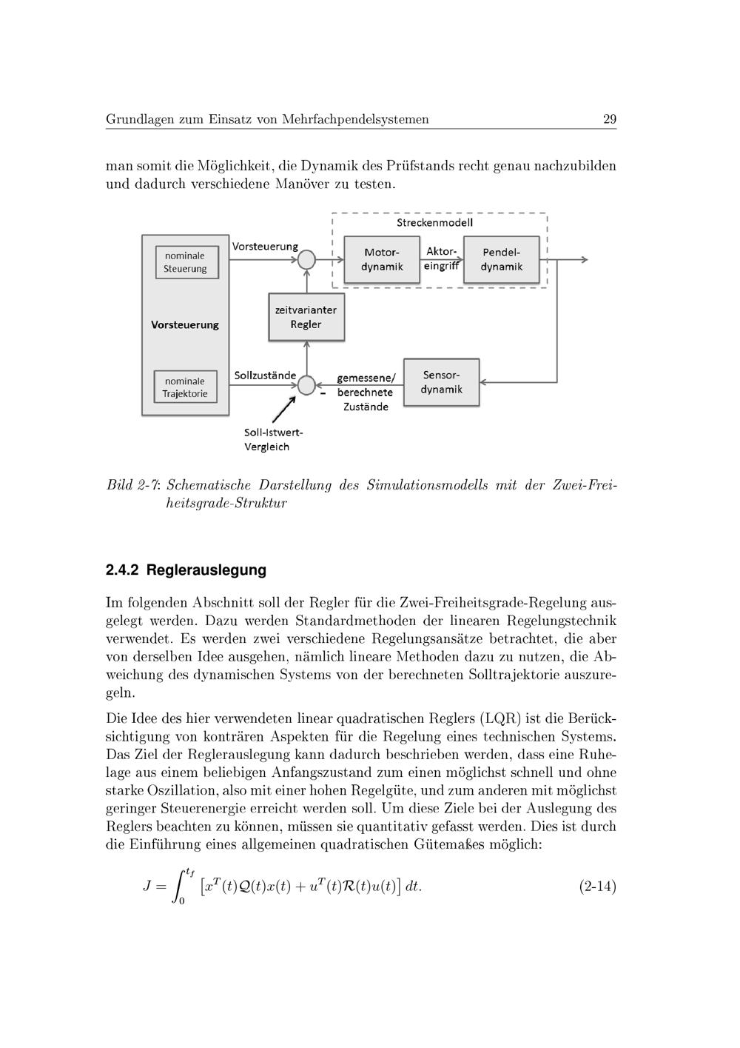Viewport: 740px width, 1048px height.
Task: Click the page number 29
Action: (x=610, y=119)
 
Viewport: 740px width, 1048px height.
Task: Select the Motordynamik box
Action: (x=382, y=260)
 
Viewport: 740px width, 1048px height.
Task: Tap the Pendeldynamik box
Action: (x=501, y=260)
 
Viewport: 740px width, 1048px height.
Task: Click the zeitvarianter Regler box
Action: (x=306, y=317)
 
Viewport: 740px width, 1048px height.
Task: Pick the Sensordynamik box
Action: (x=441, y=382)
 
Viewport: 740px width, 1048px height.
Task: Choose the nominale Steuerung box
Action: (x=186, y=262)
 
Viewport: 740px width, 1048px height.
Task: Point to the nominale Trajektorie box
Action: (x=185, y=387)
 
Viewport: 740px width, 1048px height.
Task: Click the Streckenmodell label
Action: (x=434, y=222)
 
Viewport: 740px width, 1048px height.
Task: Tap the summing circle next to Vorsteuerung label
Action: (x=306, y=259)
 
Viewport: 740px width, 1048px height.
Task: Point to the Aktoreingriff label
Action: (x=442, y=259)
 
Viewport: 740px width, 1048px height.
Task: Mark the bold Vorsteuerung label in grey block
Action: (x=185, y=324)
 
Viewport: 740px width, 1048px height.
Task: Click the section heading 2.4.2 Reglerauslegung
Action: (x=186, y=570)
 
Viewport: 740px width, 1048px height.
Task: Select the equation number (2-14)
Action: (x=597, y=886)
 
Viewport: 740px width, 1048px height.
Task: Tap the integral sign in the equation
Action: (x=180, y=887)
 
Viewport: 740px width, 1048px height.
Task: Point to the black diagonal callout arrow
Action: (x=283, y=410)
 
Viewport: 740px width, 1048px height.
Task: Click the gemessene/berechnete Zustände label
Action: (x=366, y=393)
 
